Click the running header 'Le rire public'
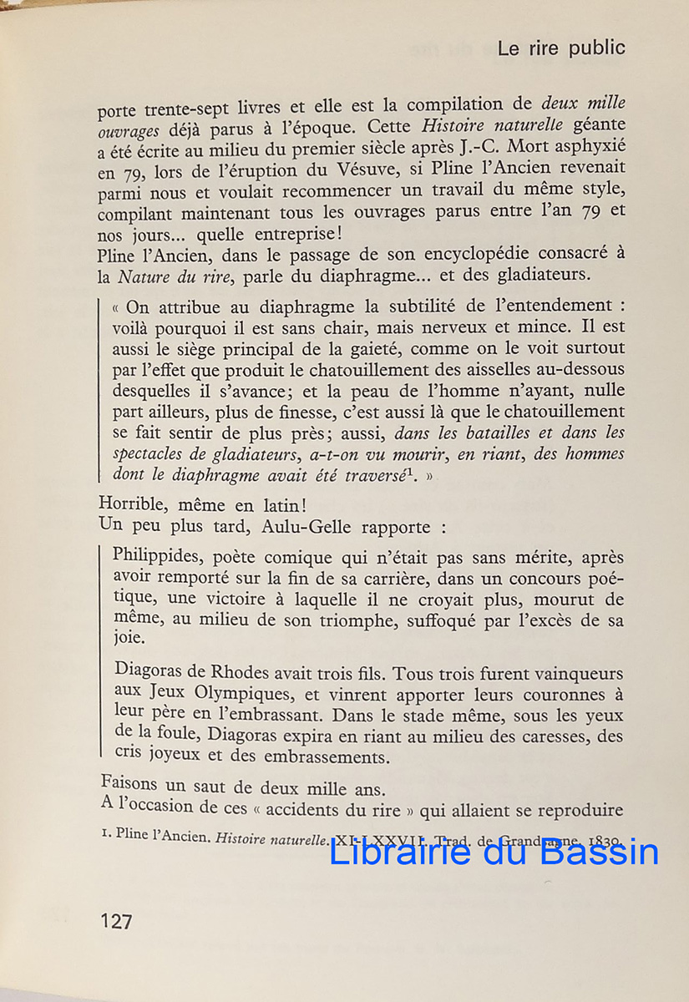pos(560,48)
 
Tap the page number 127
pos(116,921)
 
